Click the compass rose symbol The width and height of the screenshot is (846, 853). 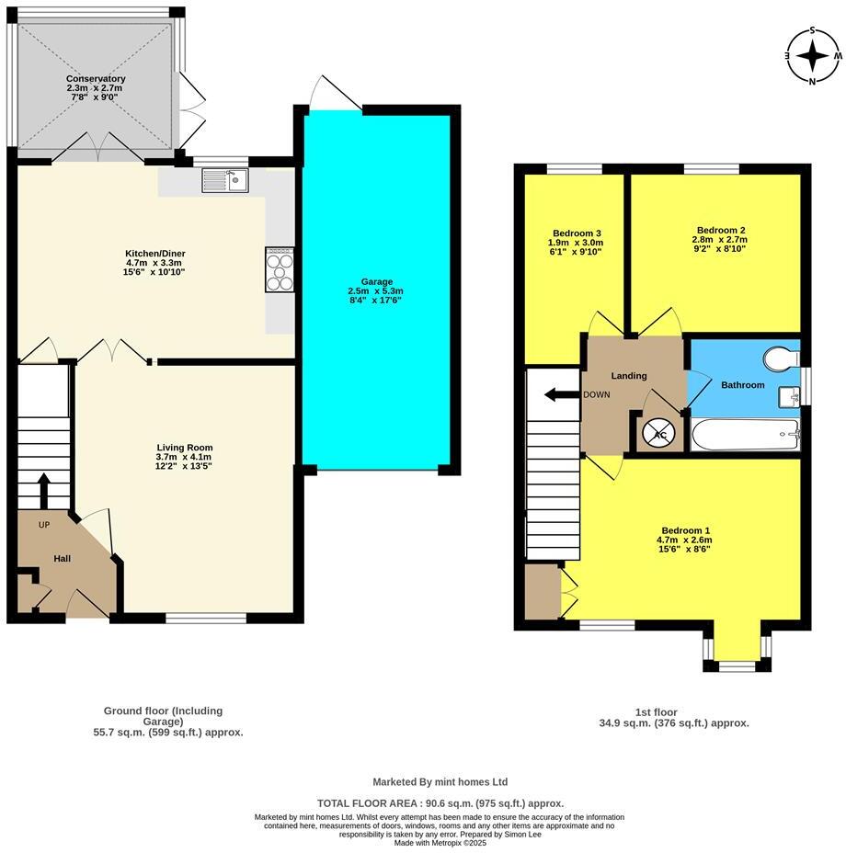pyautogui.click(x=813, y=56)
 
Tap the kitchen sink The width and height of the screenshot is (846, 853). pyautogui.click(x=225, y=180)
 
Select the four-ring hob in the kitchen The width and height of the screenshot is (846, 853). pyautogui.click(x=280, y=269)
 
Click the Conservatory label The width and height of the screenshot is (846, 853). pyautogui.click(x=96, y=79)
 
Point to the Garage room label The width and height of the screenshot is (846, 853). pyautogui.click(x=376, y=282)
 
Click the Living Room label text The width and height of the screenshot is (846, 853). pyautogui.click(x=184, y=448)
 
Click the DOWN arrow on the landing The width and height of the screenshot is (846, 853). pyautogui.click(x=557, y=395)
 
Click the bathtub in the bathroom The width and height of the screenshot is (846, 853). pyautogui.click(x=745, y=435)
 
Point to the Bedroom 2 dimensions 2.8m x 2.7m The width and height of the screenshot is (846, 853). pyautogui.click(x=720, y=239)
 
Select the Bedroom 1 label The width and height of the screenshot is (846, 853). pyautogui.click(x=686, y=530)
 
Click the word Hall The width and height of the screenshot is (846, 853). pyautogui.click(x=62, y=558)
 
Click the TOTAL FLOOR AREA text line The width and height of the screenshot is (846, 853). pyautogui.click(x=440, y=802)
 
